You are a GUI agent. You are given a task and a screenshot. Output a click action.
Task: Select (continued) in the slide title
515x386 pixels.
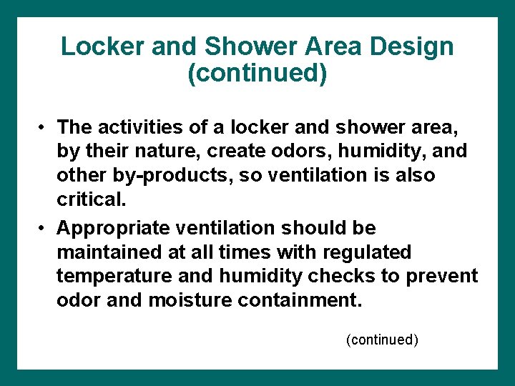pos(257,74)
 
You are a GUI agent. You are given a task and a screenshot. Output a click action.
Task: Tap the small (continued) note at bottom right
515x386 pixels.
pos(382,340)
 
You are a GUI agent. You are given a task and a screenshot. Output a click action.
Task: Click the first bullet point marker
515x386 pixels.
pos(44,127)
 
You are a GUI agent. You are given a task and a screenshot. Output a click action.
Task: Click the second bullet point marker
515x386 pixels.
pos(44,228)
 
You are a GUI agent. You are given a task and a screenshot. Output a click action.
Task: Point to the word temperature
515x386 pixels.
pos(114,277)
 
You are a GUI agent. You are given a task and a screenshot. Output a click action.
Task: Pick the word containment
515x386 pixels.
pos(301,301)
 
